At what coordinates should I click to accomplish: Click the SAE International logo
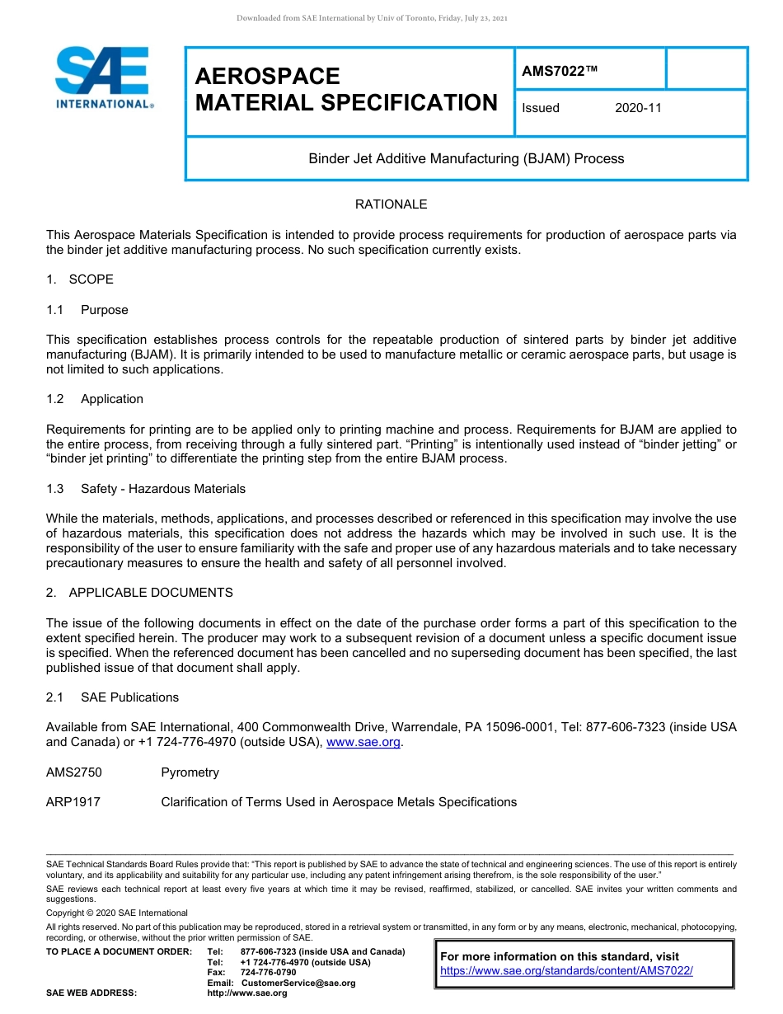[102, 77]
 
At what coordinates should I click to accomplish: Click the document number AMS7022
[559, 72]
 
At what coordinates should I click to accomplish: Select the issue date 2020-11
[638, 108]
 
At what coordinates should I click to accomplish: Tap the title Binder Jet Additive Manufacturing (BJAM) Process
[466, 158]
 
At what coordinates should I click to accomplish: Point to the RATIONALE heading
[391, 204]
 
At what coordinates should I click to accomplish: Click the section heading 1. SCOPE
[80, 279]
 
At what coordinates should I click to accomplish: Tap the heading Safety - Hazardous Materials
[162, 489]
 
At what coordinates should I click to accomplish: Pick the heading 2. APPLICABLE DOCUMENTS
[139, 593]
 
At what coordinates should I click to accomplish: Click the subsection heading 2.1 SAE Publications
[112, 697]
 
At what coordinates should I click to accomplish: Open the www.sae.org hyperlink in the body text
[363, 742]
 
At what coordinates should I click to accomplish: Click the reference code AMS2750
[73, 772]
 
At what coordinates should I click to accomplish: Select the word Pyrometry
[190, 772]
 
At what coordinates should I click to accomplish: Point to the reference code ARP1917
[73, 802]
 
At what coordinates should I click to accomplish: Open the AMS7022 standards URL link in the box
[566, 971]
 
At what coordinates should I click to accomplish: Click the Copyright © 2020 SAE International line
[117, 913]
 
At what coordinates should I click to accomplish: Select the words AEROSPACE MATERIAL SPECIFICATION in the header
[346, 90]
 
